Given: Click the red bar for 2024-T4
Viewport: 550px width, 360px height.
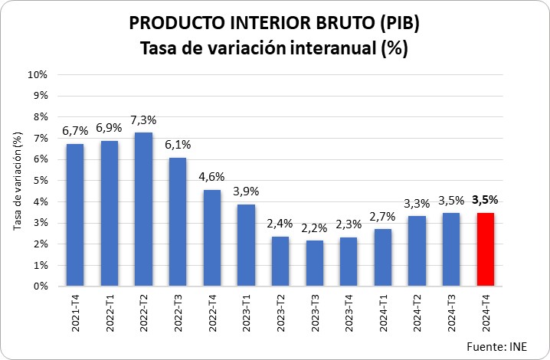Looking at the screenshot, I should pos(485,249).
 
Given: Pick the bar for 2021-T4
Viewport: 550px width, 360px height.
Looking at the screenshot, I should pos(75,214).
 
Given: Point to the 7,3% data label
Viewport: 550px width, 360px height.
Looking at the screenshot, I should pos(143,119).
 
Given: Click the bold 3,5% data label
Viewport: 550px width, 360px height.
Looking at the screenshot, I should pos(485,200).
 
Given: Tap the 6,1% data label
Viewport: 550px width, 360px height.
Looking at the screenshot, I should pos(178,145).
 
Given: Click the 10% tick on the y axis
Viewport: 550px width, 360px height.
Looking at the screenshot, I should pos(38,75).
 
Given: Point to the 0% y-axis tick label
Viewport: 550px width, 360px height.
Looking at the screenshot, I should pos(40,286).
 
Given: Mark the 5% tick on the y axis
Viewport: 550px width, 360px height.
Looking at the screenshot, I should pos(40,181).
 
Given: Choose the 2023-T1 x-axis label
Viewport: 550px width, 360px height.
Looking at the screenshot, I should pos(247,313).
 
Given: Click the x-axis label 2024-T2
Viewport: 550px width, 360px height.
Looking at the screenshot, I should pos(417,313).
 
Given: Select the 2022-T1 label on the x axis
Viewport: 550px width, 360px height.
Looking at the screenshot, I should pos(110,313).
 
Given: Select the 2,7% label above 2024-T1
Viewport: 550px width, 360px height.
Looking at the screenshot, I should pos(383,217).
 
